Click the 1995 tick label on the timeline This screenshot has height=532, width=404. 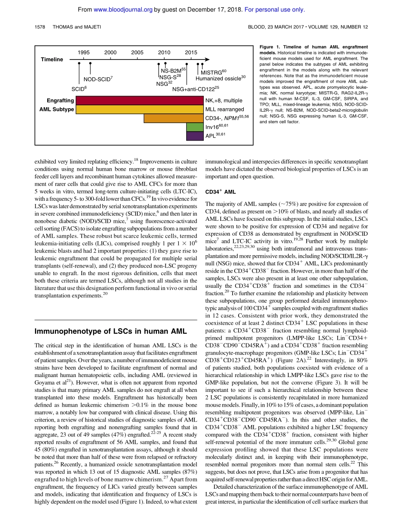pyautogui.click(x=83, y=52)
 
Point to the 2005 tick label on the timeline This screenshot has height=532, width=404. pyautogui.click(x=137, y=52)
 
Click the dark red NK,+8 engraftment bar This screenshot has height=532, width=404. pyautogui.click(x=139, y=101)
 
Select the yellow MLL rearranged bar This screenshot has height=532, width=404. pyautogui.click(x=139, y=110)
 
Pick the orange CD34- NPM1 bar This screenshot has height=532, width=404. pyautogui.click(x=174, y=118)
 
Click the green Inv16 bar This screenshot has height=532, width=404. pyautogui.click(x=195, y=127)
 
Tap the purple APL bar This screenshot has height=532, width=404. pyautogui.click(x=195, y=136)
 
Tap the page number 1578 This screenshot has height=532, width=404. pyautogui.click(x=40, y=27)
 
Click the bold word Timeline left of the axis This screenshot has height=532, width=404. pyautogui.click(x=52, y=60)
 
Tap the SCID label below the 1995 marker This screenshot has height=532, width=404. pyautogui.click(x=79, y=89)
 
